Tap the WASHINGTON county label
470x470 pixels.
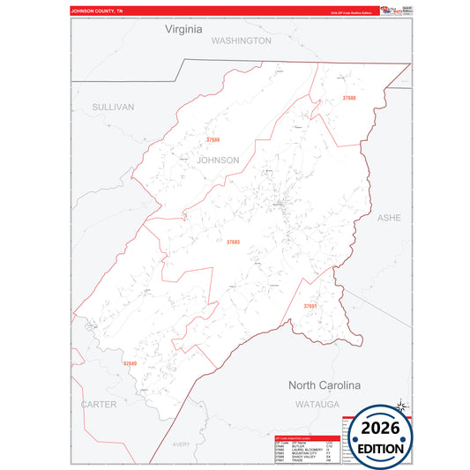coord(241,41)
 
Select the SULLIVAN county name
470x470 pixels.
coord(113,107)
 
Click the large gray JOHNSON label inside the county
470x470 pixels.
coord(218,160)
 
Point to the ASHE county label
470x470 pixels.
coord(389,217)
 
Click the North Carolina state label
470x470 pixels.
coord(325,385)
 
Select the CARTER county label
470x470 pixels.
coord(98,404)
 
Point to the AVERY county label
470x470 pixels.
coord(182,444)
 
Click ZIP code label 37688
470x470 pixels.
coord(213,140)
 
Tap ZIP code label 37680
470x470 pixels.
coord(349,97)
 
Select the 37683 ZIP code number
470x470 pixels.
coord(233,242)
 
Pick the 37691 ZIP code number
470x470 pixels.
coord(310,305)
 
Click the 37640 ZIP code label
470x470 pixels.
coord(130,363)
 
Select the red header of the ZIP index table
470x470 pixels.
coord(305,437)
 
